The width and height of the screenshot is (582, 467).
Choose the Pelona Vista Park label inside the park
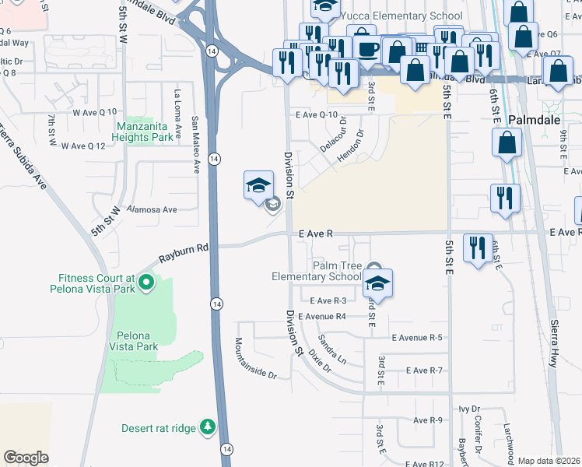[133, 341]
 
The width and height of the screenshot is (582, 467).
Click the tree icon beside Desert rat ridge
[207, 427]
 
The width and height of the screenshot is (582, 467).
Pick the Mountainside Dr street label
[256, 358]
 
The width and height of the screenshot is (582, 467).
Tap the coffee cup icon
[368, 48]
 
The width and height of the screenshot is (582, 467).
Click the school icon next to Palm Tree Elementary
[377, 283]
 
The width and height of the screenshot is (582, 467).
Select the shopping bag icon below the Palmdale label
[507, 142]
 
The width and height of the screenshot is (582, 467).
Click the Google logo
[26, 457]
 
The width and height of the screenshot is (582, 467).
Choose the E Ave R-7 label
[417, 370]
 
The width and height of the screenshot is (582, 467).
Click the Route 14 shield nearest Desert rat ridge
[226, 449]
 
